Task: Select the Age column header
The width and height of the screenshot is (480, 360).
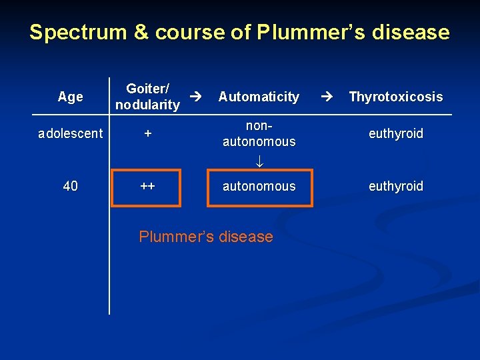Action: (x=71, y=97)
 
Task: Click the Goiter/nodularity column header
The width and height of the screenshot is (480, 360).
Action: (x=147, y=97)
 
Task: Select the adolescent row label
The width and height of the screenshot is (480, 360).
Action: (x=71, y=133)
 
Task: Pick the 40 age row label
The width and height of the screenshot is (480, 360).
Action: (x=71, y=186)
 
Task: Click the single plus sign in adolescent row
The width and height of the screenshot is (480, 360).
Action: (x=148, y=133)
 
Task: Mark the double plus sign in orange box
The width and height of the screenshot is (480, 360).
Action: (x=148, y=186)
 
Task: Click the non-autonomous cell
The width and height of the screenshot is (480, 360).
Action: (x=259, y=133)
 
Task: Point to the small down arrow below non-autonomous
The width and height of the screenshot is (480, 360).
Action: (x=259, y=160)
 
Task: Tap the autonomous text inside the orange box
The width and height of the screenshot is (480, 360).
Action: (x=259, y=186)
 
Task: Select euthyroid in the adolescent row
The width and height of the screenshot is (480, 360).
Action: (x=396, y=133)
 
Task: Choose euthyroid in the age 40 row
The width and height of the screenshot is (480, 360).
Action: (x=396, y=186)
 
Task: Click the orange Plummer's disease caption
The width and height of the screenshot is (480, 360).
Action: (x=206, y=237)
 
